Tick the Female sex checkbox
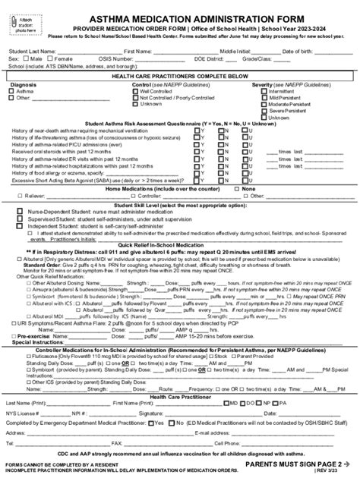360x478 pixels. [49, 57]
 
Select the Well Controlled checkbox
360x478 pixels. [136, 91]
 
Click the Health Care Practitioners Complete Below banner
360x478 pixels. [180, 77]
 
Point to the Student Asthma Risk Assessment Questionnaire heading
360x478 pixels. [180, 123]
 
